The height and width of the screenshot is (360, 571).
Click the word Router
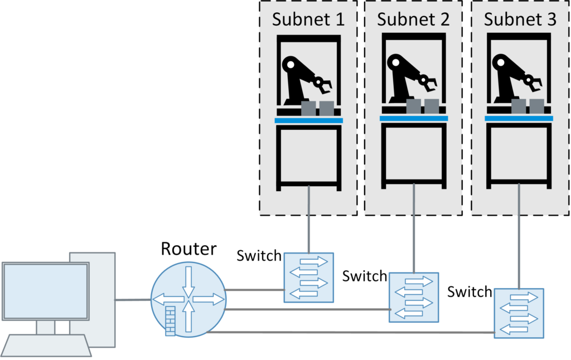point(188,249)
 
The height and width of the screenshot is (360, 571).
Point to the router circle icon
point(188,300)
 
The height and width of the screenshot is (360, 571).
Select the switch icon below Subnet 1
point(308,278)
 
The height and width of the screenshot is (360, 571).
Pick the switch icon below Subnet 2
point(413,296)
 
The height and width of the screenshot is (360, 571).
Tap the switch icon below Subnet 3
point(519,313)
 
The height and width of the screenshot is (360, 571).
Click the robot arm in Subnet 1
point(304,78)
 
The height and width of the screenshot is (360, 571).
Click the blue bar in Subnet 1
point(308,120)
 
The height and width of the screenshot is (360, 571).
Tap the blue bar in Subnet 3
point(519,118)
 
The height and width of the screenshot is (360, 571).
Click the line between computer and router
point(132,300)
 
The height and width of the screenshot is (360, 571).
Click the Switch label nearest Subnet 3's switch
point(470,292)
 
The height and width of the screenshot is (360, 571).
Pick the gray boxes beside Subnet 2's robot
point(422,106)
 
